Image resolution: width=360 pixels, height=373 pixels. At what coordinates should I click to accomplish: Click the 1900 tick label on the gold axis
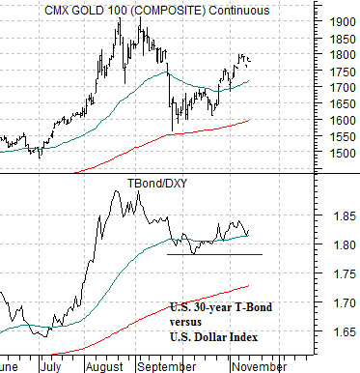pos(344,22)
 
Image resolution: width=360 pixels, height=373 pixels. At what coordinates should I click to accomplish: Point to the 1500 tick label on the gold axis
pos(344,153)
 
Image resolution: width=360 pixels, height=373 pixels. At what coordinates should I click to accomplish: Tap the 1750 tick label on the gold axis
pos(344,72)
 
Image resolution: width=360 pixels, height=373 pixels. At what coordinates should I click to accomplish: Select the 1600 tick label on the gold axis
pos(344,120)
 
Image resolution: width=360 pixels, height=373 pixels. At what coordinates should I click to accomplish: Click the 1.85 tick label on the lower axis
pos(345,216)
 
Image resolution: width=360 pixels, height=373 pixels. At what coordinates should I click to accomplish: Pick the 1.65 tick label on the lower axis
pos(345,331)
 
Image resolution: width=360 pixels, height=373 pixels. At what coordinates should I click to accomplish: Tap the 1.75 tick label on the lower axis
pos(345,273)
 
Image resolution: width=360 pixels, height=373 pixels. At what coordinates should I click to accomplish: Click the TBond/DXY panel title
pos(157,184)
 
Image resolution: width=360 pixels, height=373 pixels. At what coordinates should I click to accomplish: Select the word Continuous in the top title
pos(239,11)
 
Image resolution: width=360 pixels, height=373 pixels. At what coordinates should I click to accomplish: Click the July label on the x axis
pos(51,366)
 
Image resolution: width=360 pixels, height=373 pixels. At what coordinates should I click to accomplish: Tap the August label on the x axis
pos(105,366)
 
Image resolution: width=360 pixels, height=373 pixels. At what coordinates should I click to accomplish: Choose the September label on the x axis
pos(166,366)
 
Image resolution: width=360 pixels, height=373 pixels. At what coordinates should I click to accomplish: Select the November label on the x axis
pos(259,366)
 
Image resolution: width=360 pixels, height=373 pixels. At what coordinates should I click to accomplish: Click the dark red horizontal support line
pos(214,254)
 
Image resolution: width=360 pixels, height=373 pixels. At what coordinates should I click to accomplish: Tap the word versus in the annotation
pos(185,322)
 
